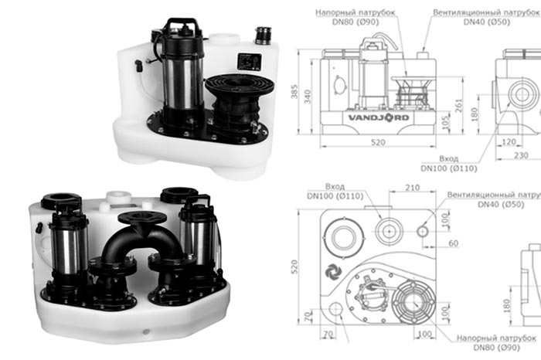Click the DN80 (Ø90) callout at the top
(347, 22)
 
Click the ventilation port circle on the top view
(422, 230)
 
